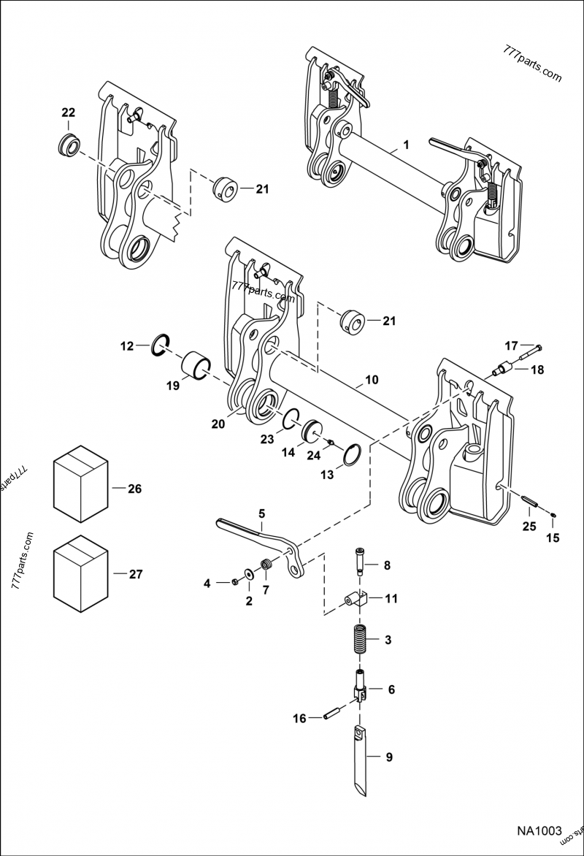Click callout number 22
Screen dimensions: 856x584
[68, 112]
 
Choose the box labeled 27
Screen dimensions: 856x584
[81, 573]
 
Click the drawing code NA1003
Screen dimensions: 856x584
[539, 831]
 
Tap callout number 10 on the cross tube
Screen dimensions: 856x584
[372, 381]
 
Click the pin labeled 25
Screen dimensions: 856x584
[531, 502]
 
